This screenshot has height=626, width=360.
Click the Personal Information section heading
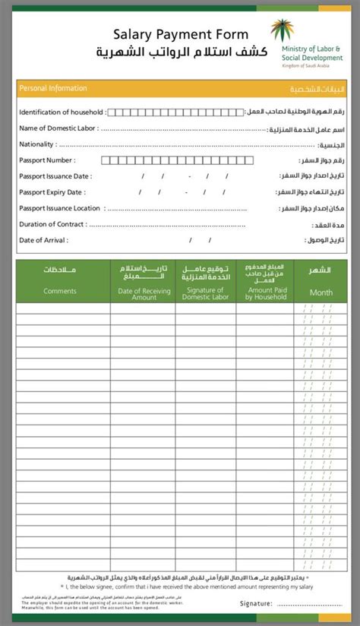[x=53, y=89]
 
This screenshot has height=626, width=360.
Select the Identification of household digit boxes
[x=175, y=112]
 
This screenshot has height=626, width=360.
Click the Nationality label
[x=37, y=144]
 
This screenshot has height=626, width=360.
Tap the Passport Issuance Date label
[x=55, y=176]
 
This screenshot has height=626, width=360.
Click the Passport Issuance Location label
[x=60, y=208]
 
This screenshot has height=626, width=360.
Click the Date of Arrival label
[x=43, y=240]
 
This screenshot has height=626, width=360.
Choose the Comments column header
[x=60, y=291]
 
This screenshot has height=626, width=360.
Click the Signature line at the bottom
[x=312, y=603]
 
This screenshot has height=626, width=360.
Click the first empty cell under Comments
[x=63, y=308]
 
